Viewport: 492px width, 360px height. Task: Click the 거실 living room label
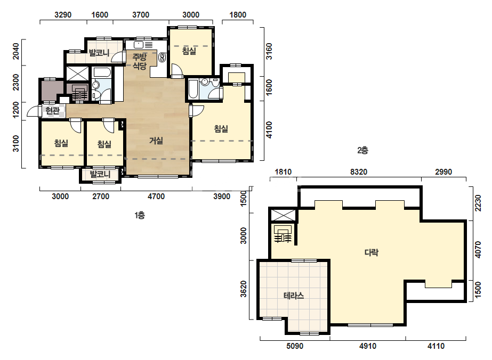tap(156, 141)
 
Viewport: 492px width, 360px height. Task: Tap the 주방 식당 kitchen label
tap(139, 61)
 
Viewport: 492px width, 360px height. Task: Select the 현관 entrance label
tap(52, 111)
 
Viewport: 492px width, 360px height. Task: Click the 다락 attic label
tap(372, 252)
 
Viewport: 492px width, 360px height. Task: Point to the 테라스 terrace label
tap(294, 296)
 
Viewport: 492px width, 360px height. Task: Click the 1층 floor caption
tap(140, 216)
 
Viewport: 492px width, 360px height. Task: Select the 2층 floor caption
tap(362, 150)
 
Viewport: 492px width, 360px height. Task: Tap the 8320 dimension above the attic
tap(359, 172)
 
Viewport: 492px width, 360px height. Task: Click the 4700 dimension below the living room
tap(156, 197)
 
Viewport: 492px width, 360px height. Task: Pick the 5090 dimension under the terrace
tap(295, 346)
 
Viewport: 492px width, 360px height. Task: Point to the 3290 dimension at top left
tap(63, 15)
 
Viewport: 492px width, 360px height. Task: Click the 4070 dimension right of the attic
tap(478, 250)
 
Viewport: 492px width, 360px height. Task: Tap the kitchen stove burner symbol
tap(162, 57)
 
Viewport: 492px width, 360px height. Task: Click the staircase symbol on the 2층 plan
tap(283, 234)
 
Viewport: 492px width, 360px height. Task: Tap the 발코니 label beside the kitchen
tap(99, 53)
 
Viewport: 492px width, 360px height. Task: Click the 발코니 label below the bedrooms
tap(100, 174)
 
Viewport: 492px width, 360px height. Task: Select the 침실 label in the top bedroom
tap(189, 51)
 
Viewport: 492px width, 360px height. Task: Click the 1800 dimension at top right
tap(238, 15)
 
